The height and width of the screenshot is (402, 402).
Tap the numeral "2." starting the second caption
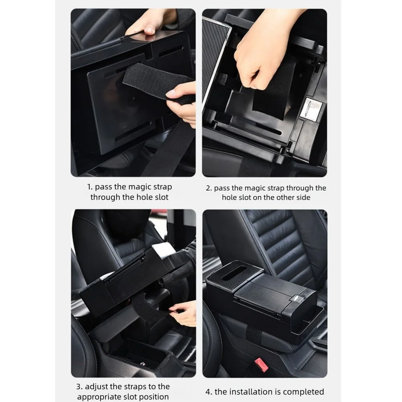[209, 189]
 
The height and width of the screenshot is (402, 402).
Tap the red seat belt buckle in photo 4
[261, 365]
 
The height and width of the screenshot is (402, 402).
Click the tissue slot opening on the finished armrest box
[234, 273]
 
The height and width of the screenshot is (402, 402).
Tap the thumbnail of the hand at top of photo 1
[150, 31]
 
